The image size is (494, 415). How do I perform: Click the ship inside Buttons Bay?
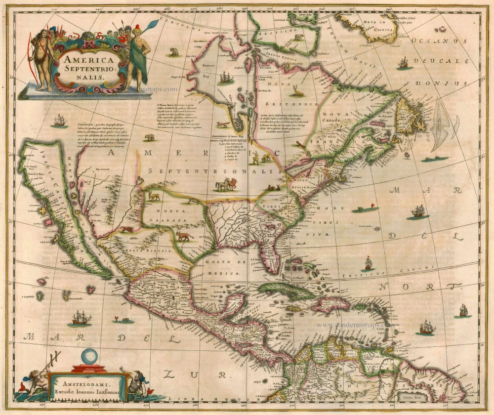tap(226, 78)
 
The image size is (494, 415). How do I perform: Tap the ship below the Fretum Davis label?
tap(403, 63)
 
